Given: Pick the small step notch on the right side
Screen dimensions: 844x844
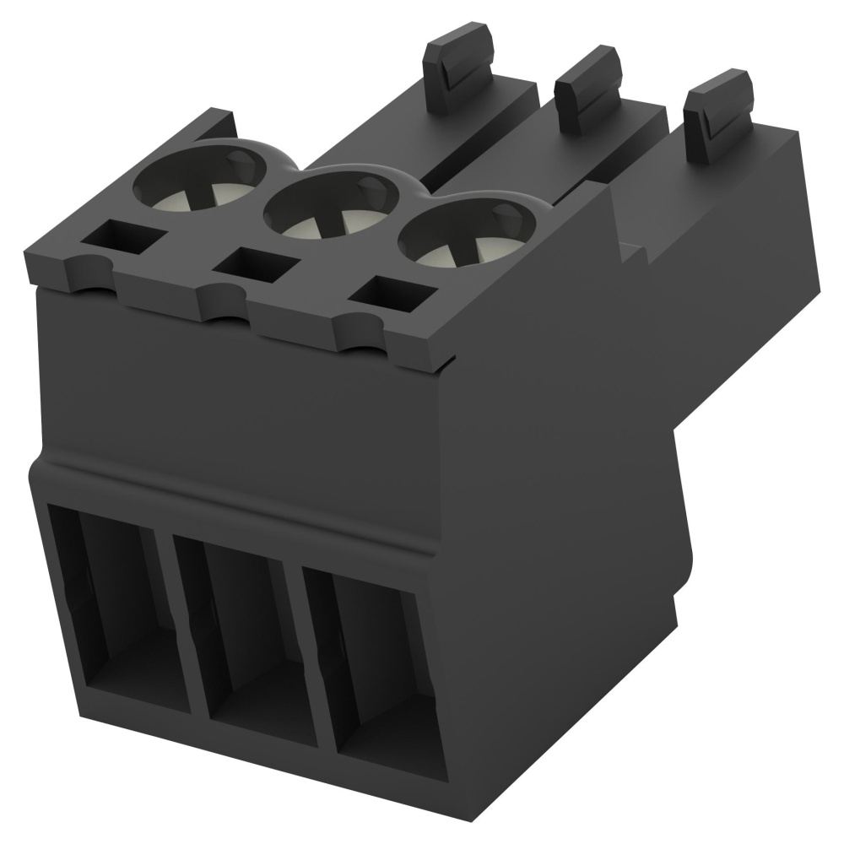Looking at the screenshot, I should pyautogui.click(x=630, y=245).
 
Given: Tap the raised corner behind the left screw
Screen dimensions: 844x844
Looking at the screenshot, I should pyautogui.click(x=211, y=123).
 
